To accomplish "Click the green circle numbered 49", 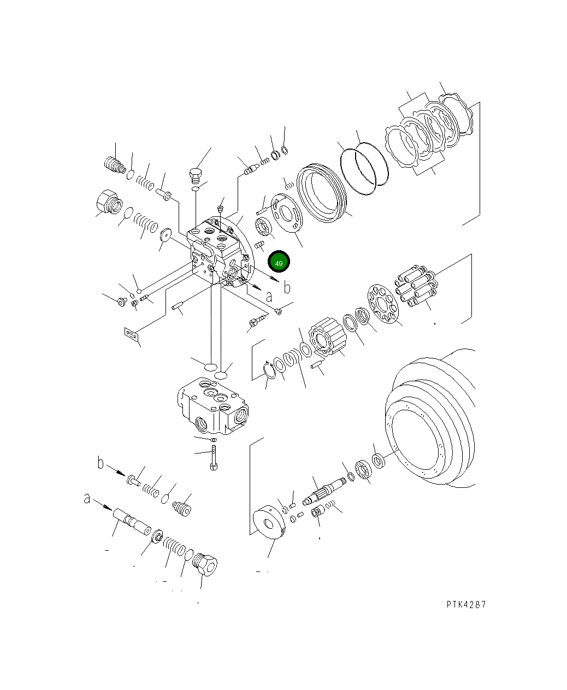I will coord(279,263).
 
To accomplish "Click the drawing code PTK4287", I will coord(465,604).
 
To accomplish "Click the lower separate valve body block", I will coord(211,407).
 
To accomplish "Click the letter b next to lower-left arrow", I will coord(101,464).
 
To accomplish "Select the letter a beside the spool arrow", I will coord(87,499).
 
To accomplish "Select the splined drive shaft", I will coord(326,490).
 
